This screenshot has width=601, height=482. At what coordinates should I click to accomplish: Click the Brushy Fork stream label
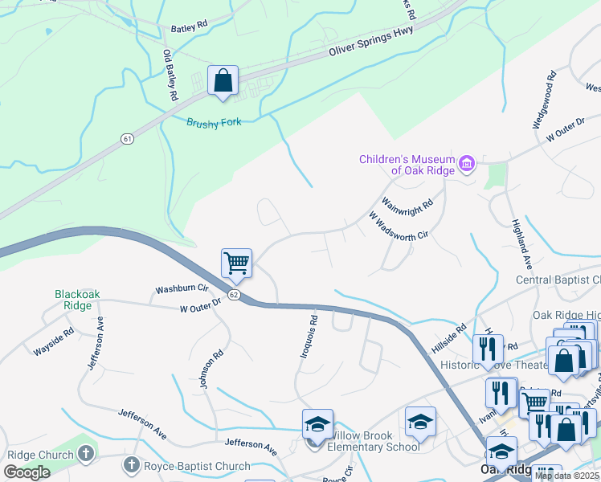[x=214, y=122]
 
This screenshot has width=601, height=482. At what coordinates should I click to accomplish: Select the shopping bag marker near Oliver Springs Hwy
[x=223, y=81]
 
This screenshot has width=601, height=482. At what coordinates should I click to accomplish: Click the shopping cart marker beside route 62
[x=236, y=263]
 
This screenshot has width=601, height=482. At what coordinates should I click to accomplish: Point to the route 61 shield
[x=128, y=139]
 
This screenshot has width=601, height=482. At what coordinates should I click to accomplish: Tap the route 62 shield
[x=234, y=295]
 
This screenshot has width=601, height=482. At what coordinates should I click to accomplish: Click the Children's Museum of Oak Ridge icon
[x=467, y=165]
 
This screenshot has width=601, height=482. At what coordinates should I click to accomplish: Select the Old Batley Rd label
[x=170, y=75]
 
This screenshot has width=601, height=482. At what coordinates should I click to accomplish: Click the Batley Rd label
[x=190, y=27]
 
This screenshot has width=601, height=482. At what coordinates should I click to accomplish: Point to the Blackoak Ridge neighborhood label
[x=78, y=300]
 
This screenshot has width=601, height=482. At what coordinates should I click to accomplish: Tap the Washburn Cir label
[x=182, y=288]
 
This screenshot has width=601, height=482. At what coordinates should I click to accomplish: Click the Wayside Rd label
[x=54, y=341]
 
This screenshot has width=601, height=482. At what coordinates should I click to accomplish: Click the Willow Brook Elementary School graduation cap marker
[x=317, y=423]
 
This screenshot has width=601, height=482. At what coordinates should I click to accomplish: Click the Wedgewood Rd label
[x=544, y=102]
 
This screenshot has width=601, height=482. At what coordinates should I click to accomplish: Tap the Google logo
[x=27, y=472]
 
